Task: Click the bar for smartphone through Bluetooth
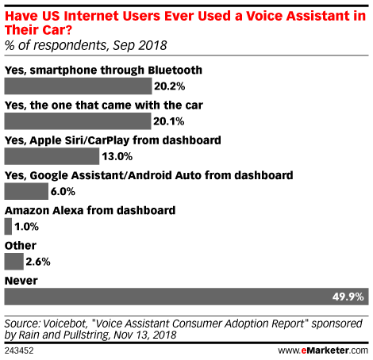pyautogui.click(x=78, y=86)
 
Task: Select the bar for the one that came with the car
pyautogui.click(x=78, y=121)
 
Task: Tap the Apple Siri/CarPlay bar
pyautogui.click(x=52, y=156)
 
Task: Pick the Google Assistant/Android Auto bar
pyautogui.click(x=26, y=191)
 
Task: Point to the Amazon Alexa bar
pyautogui.click(x=8, y=227)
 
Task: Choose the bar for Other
pyautogui.click(x=14, y=262)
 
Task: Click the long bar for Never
pyautogui.click(x=186, y=297)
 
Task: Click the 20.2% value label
pyautogui.click(x=170, y=86)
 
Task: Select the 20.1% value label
pyautogui.click(x=169, y=121)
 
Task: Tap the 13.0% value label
pyautogui.click(x=117, y=156)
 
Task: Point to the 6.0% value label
pyautogui.click(x=63, y=192)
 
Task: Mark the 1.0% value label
pyautogui.click(x=26, y=227)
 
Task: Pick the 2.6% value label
pyautogui.click(x=38, y=262)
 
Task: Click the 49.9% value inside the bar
pyautogui.click(x=348, y=297)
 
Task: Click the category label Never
pyautogui.click(x=21, y=281)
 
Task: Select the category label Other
pyautogui.click(x=21, y=246)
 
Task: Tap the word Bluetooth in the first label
pyautogui.click(x=175, y=71)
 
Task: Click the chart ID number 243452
pyautogui.click(x=19, y=350)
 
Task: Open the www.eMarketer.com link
pyautogui.click(x=323, y=350)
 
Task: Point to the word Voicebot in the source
pyautogui.click(x=65, y=324)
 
